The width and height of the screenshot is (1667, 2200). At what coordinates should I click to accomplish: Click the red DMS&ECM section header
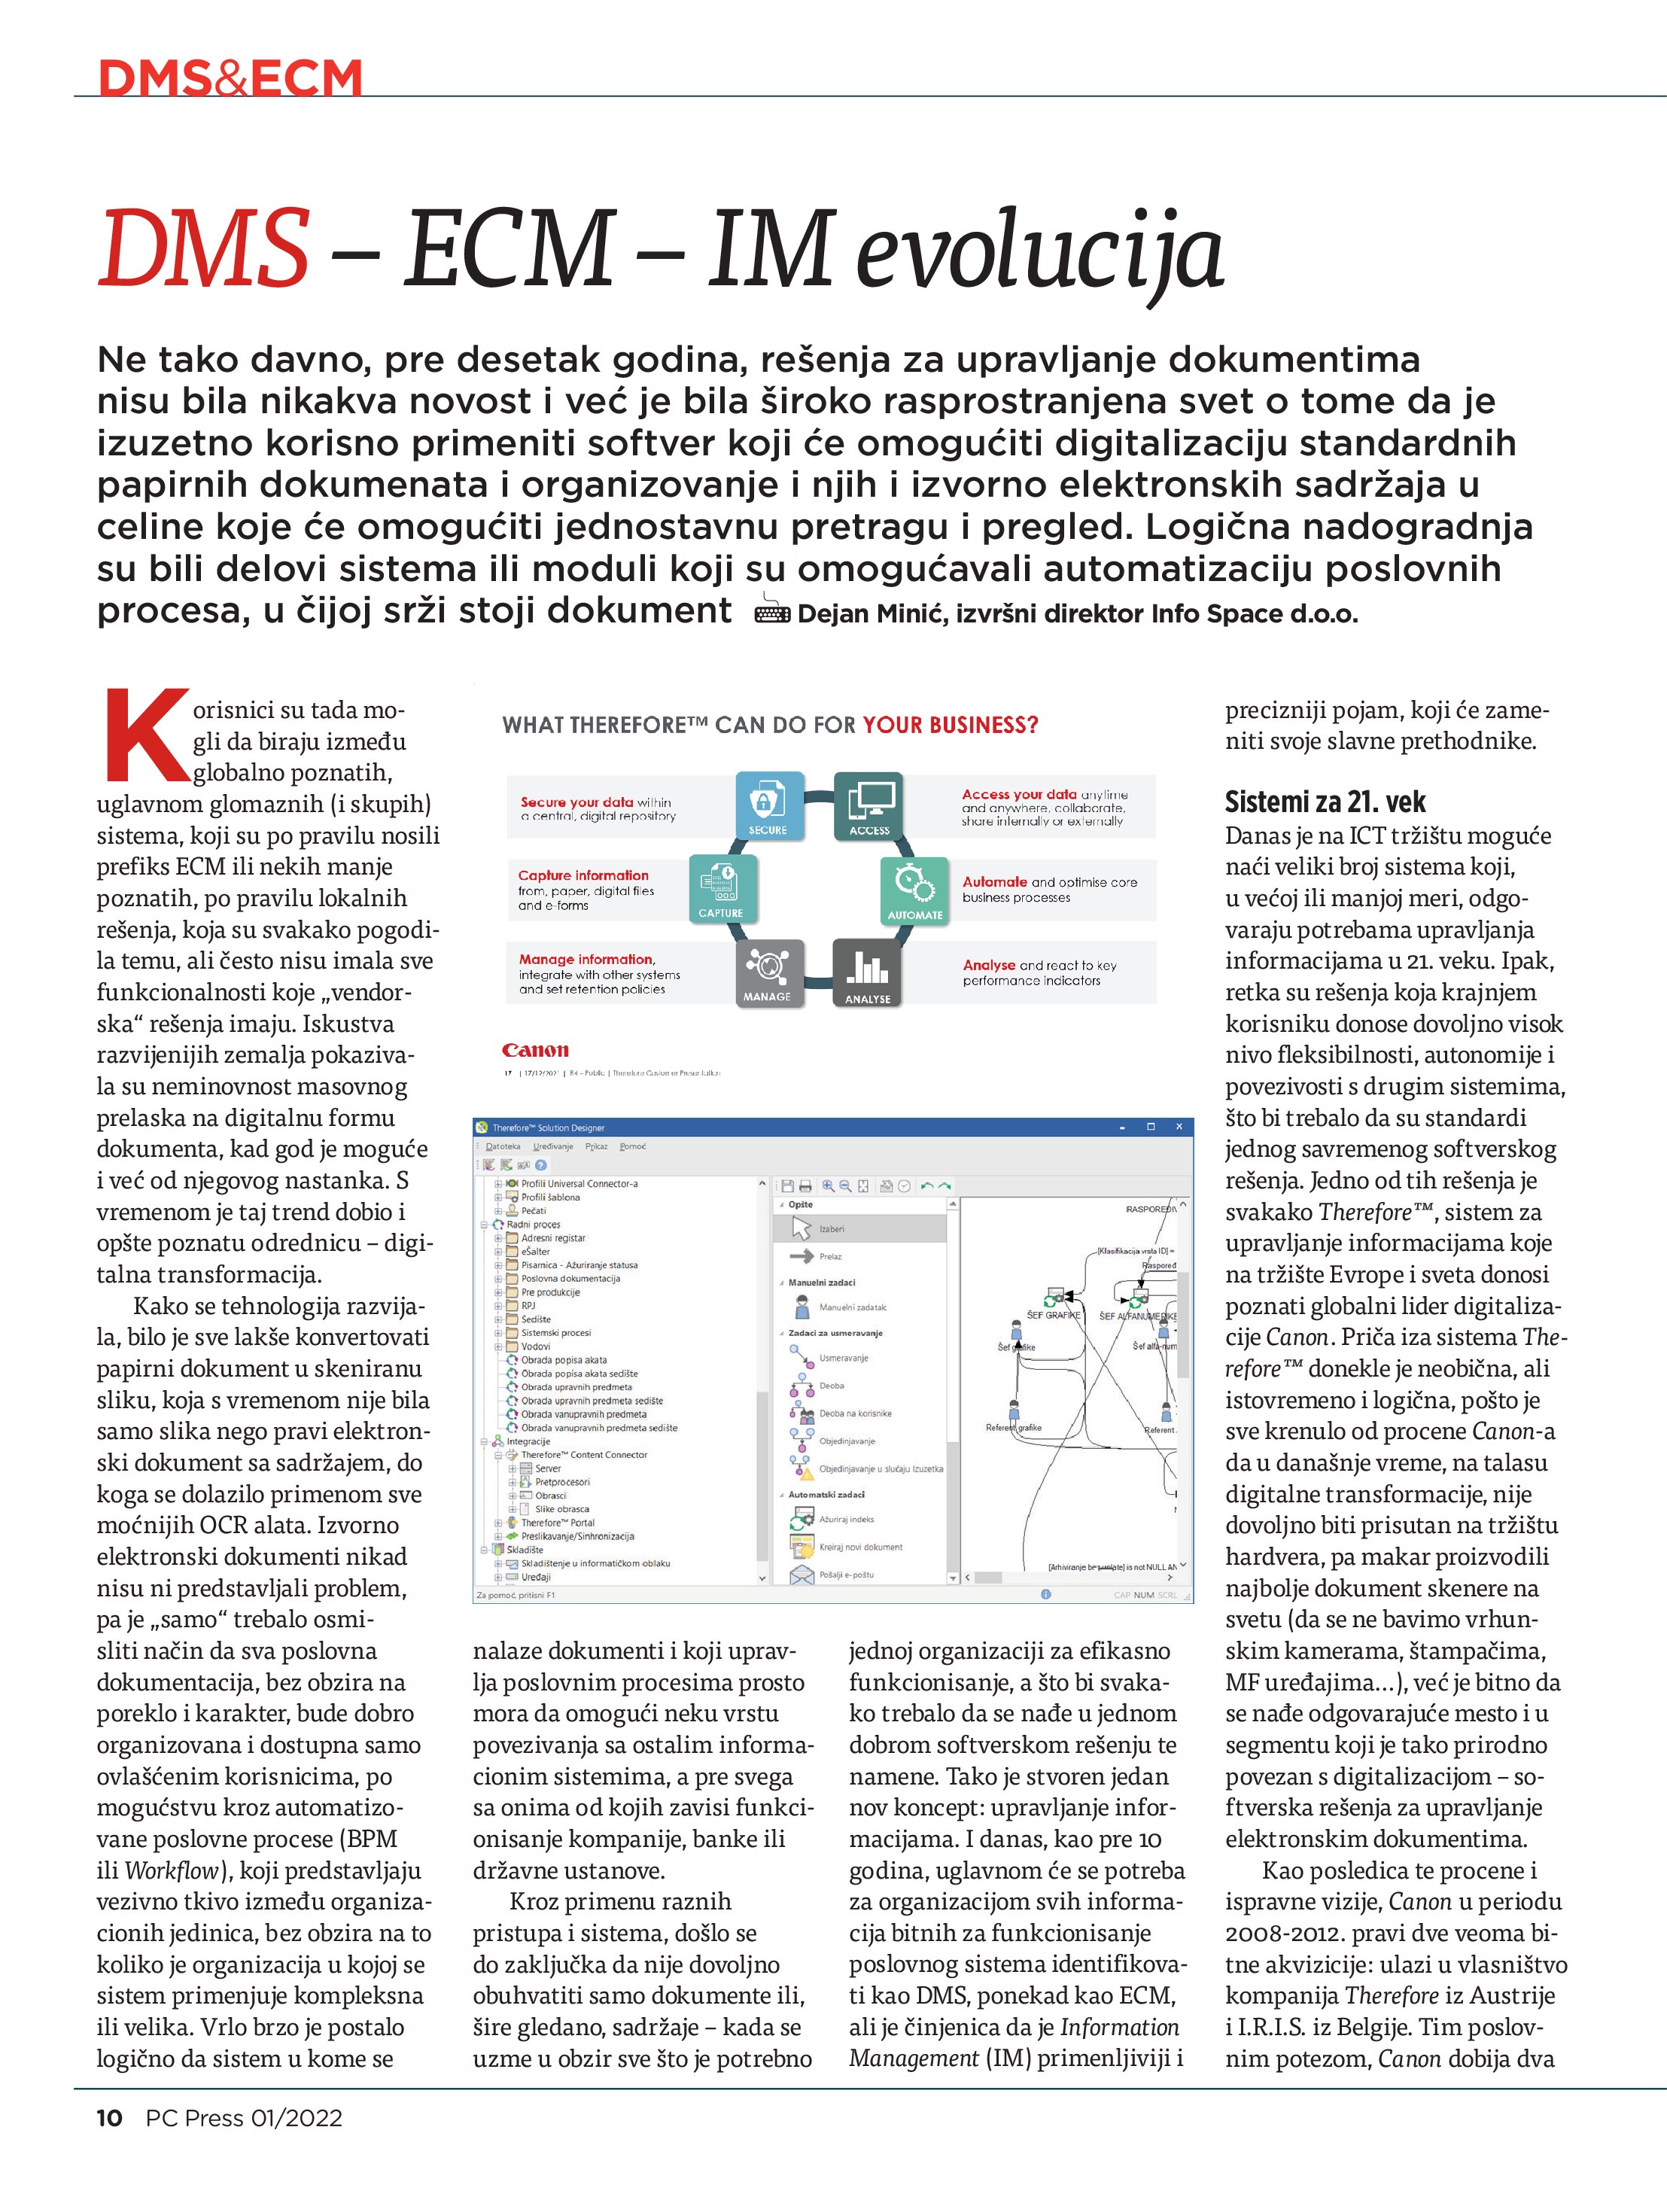pos(231,78)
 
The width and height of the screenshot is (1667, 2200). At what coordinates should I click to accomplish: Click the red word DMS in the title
pos(204,248)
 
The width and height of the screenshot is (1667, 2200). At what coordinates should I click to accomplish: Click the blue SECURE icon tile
pos(769,805)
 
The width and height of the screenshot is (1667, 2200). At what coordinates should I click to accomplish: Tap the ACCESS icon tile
pos(868,805)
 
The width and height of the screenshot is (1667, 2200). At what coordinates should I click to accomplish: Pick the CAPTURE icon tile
pos(721,888)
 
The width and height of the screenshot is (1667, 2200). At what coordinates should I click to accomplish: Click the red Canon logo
pos(535,1050)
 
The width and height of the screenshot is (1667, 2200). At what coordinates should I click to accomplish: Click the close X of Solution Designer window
pos(1179,1127)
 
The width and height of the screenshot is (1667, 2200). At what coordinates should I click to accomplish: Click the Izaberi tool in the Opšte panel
pos(831,1229)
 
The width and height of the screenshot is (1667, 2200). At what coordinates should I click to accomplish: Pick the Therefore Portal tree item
pos(557,1522)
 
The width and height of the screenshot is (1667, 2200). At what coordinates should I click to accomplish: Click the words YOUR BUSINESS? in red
pos(950,725)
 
